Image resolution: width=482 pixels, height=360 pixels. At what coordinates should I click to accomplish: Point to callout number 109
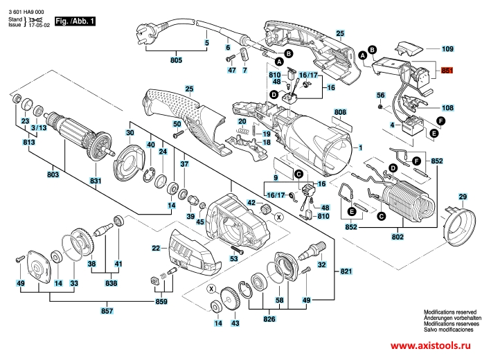point(447,50)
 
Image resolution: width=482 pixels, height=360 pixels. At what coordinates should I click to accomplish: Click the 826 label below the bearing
point(269,320)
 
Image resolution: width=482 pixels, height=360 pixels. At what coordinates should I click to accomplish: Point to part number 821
point(346,271)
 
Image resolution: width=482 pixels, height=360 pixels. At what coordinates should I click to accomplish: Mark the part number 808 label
point(339,111)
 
